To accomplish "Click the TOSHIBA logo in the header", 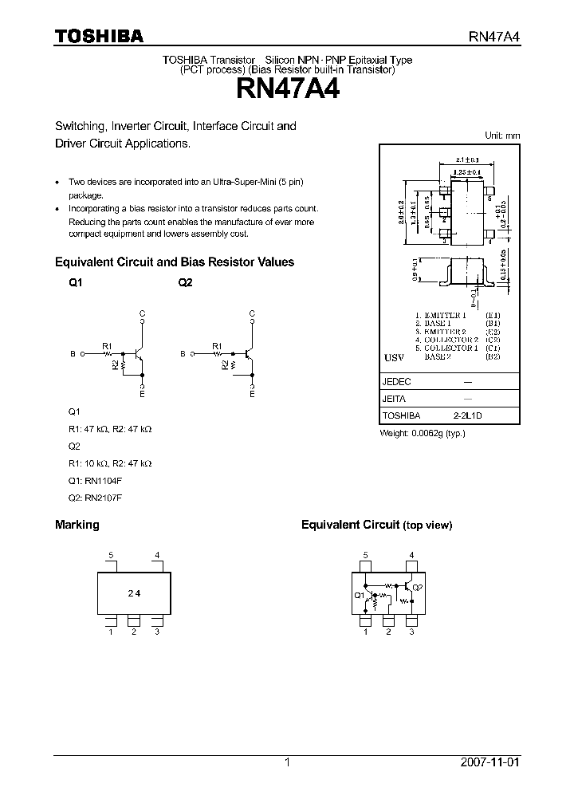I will tap(98, 37).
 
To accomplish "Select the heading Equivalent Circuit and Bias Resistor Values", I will tap(174, 262).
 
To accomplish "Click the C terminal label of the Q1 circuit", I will tap(142, 313).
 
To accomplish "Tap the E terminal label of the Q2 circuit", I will tap(252, 394).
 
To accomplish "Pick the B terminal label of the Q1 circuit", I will tap(73, 353).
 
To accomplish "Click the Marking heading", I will tap(77, 525).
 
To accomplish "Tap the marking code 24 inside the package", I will tap(134, 593).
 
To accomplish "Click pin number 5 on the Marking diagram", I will tap(112, 555).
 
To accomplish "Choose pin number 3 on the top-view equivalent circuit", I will tap(411, 632).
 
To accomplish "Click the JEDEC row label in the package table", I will tap(397, 382).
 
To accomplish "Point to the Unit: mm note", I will tap(502, 136).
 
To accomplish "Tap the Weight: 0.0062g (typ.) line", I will tap(422, 433).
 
